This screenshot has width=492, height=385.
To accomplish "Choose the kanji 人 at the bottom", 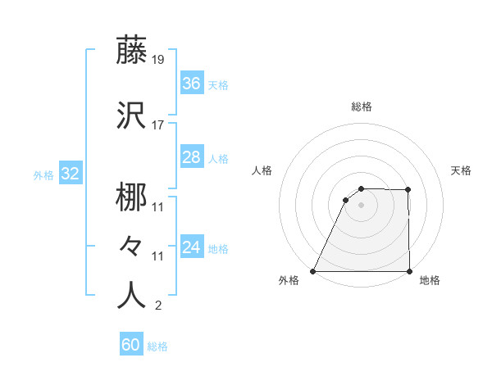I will (x=131, y=295).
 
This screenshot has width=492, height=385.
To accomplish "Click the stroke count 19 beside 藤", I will (x=158, y=60).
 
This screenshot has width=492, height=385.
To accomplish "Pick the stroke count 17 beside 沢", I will (x=158, y=125).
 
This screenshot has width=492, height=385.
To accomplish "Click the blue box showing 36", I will (x=191, y=84).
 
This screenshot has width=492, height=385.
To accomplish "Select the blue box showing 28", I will (x=191, y=157).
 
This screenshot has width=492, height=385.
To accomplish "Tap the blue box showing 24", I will (x=191, y=247).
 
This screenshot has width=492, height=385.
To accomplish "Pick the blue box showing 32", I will (x=70, y=174).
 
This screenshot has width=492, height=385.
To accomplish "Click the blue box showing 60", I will (x=130, y=345).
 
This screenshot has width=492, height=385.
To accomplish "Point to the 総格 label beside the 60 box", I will (x=157, y=346).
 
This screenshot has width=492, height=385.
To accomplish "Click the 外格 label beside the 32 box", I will (x=43, y=175).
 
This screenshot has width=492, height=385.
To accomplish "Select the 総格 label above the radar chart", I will (x=362, y=106).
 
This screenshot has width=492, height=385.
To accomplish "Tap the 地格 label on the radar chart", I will (x=430, y=280).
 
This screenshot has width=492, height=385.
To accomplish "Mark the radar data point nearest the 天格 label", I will (x=408, y=190).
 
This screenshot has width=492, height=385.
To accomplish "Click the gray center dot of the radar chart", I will (x=361, y=205).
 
